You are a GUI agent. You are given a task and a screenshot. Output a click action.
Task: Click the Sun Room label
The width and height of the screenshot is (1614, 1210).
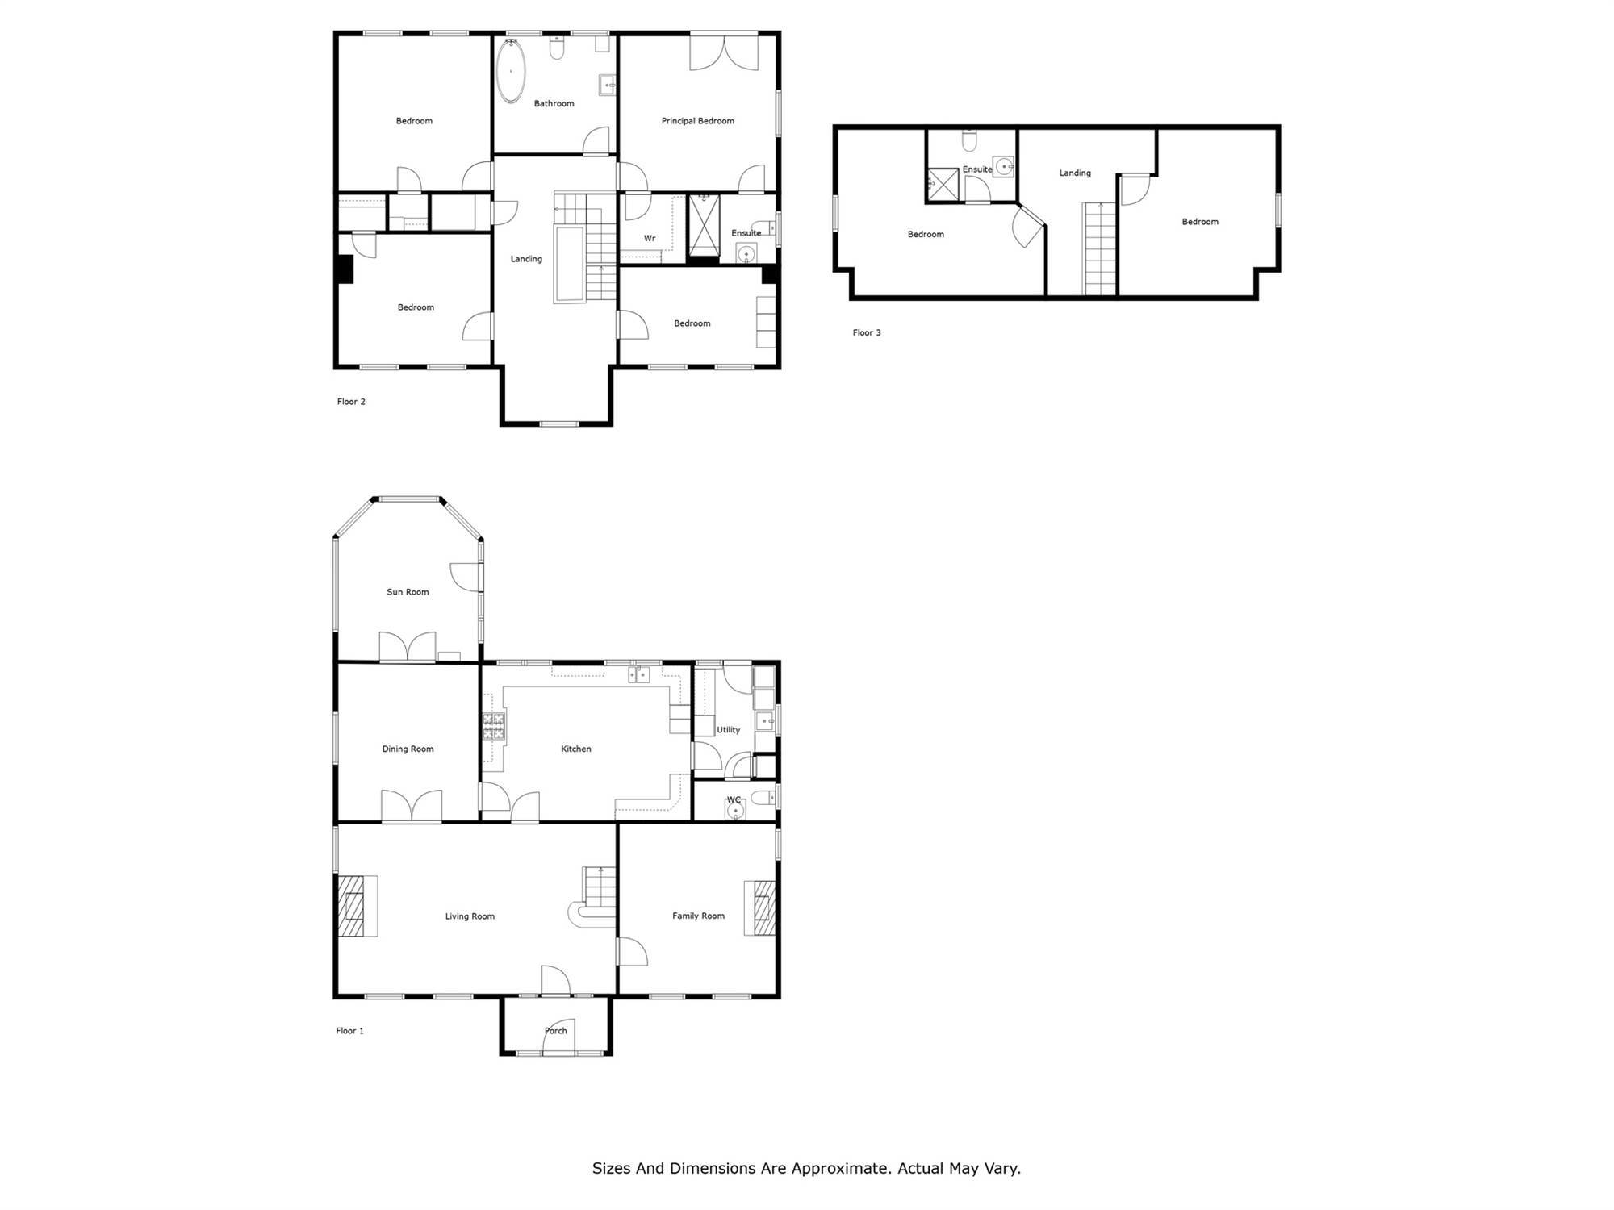[408, 592]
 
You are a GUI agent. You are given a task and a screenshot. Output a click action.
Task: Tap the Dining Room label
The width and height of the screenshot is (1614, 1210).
[408, 749]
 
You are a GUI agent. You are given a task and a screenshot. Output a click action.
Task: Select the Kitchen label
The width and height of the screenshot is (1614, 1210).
[576, 749]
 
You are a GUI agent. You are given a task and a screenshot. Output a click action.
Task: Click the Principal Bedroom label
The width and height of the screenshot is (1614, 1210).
[698, 121]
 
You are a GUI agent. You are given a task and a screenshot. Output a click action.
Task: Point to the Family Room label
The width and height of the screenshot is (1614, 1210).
[698, 916]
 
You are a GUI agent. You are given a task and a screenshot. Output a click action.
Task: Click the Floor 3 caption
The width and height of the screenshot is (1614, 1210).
[867, 332]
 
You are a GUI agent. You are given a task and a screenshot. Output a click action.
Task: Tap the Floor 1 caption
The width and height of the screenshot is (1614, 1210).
[349, 1031]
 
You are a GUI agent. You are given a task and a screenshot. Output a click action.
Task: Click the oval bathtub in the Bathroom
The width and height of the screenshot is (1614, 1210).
[510, 71]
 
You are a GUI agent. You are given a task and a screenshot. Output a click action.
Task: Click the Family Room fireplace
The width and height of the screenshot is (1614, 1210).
[759, 907]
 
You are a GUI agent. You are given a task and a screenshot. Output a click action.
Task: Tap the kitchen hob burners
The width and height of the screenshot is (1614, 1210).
[494, 726]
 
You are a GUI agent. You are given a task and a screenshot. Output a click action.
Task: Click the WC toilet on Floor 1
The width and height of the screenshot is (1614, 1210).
[760, 799]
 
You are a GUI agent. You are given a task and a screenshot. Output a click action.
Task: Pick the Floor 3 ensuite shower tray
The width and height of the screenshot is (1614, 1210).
[942, 184]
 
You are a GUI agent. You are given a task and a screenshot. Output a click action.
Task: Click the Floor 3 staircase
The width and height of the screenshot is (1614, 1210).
[1099, 248]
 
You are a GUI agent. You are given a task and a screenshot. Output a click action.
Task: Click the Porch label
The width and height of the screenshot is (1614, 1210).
[556, 1031]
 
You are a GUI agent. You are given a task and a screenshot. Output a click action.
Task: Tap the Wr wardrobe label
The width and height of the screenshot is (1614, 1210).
[650, 239]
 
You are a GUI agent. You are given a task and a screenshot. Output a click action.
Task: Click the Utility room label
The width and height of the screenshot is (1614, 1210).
[729, 730]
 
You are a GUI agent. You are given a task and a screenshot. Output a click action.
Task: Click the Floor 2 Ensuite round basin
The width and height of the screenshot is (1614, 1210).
[746, 254]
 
